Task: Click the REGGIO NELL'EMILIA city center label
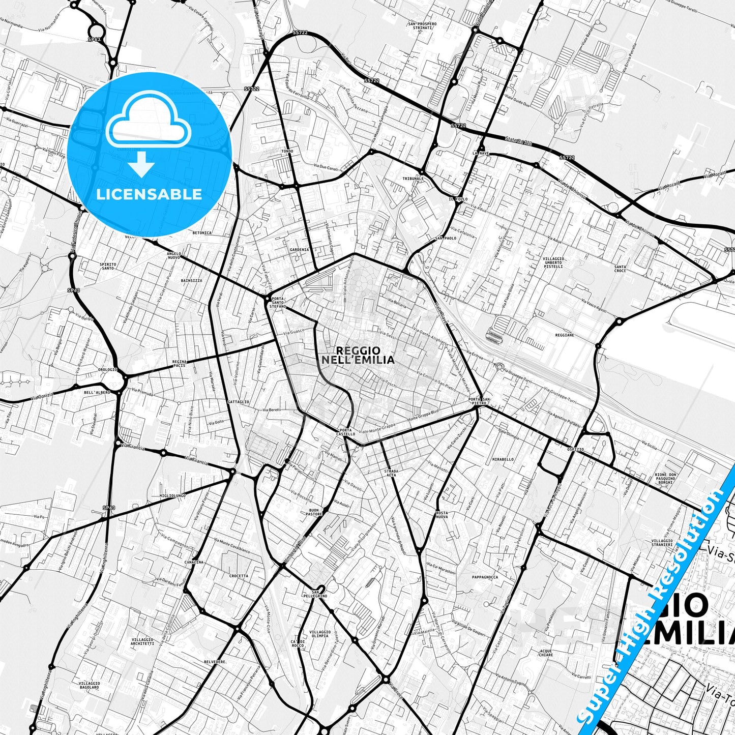coord(358,355)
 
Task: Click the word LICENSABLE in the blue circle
coord(149,194)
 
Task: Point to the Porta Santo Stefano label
coord(278,303)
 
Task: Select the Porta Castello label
coord(346,432)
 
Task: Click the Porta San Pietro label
coord(479,401)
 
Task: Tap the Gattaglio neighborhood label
coord(239,402)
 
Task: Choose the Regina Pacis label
coord(180,363)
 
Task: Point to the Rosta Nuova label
coord(442,515)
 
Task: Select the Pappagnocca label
coord(485,577)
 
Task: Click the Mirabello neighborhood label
coord(503,459)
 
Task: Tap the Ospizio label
coord(575,450)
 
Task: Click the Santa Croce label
coord(620,269)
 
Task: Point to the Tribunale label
coord(413,179)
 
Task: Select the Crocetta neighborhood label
coord(239,576)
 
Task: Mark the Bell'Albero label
coord(97,393)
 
